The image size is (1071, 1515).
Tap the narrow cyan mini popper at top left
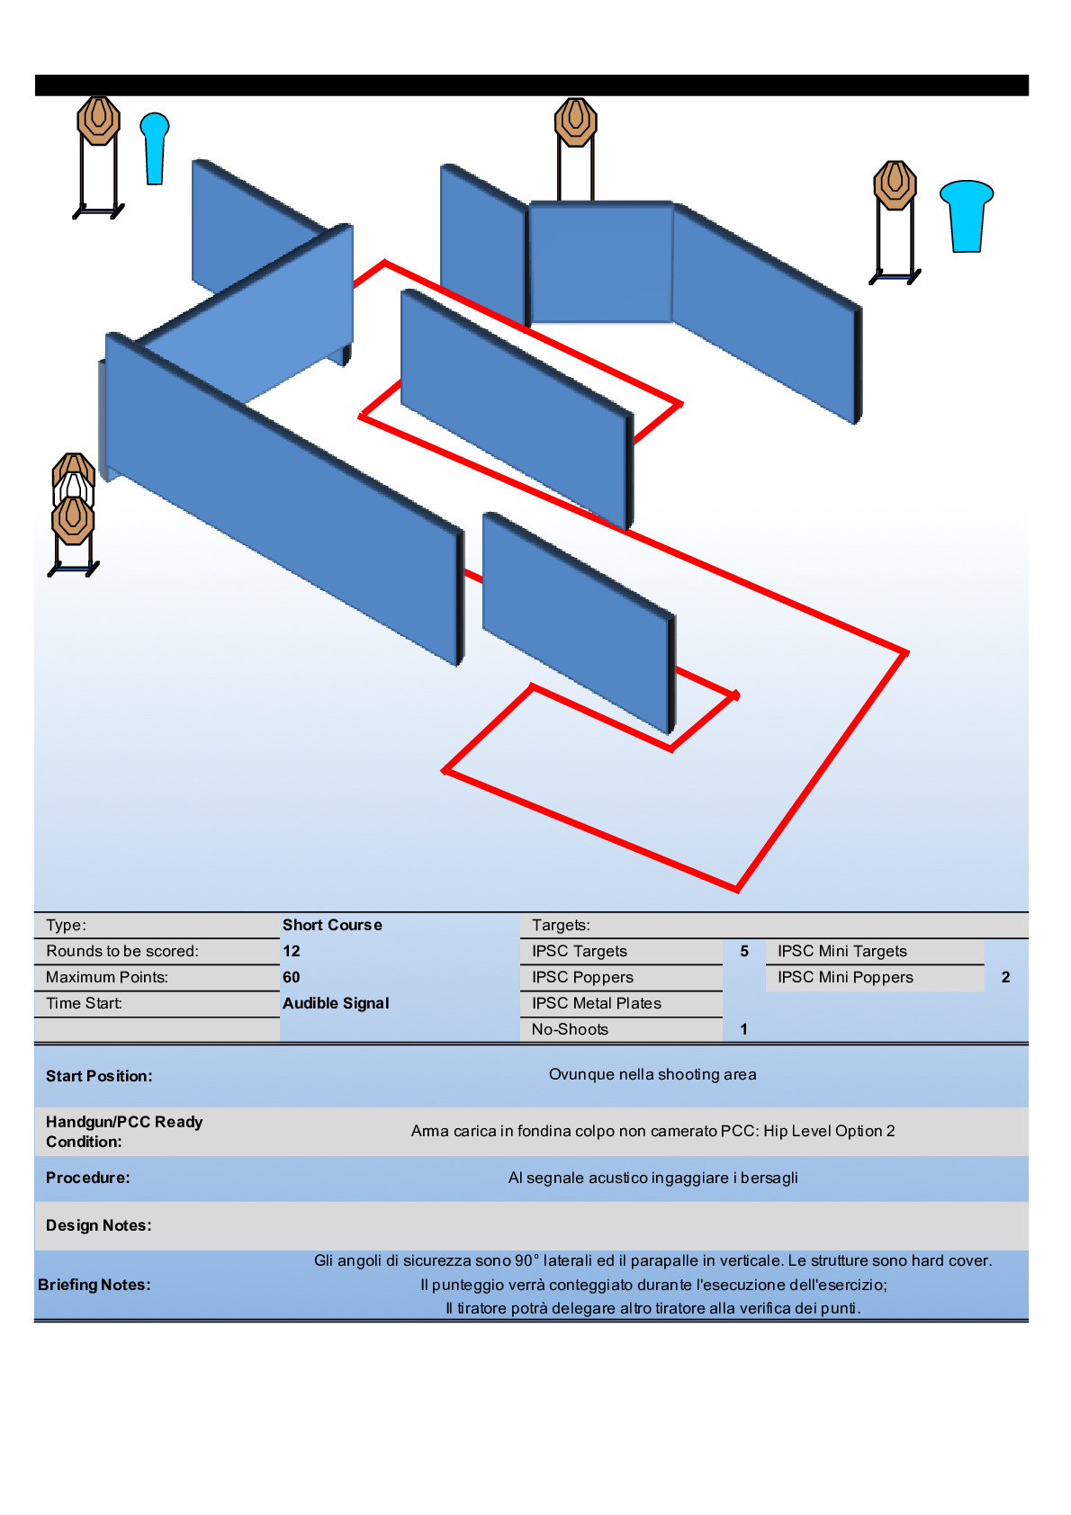coord(155,148)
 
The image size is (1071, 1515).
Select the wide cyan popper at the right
coord(967,216)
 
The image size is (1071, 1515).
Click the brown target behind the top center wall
coord(576,121)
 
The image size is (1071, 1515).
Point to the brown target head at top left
coord(99,121)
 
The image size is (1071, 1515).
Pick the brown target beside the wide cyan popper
coord(895,184)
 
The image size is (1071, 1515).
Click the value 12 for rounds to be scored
coord(292,951)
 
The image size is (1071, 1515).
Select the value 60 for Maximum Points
coord(292,977)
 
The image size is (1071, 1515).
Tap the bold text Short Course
coord(332,925)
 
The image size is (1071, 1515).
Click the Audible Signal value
coord(337,1004)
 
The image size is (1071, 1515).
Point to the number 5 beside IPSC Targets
coord(744,951)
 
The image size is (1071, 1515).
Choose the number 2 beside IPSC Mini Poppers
coord(1006,977)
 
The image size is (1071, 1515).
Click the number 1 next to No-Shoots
coord(744,1029)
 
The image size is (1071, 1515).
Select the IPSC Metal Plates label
coord(597,1004)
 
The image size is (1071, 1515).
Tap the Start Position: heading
coord(100,1076)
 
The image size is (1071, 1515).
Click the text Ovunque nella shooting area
coord(652,1075)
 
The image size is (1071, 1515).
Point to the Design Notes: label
coord(99,1225)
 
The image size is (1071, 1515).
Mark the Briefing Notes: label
coord(94,1285)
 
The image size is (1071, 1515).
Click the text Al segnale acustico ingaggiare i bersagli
coord(652,1179)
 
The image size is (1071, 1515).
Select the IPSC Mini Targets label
coord(842,952)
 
